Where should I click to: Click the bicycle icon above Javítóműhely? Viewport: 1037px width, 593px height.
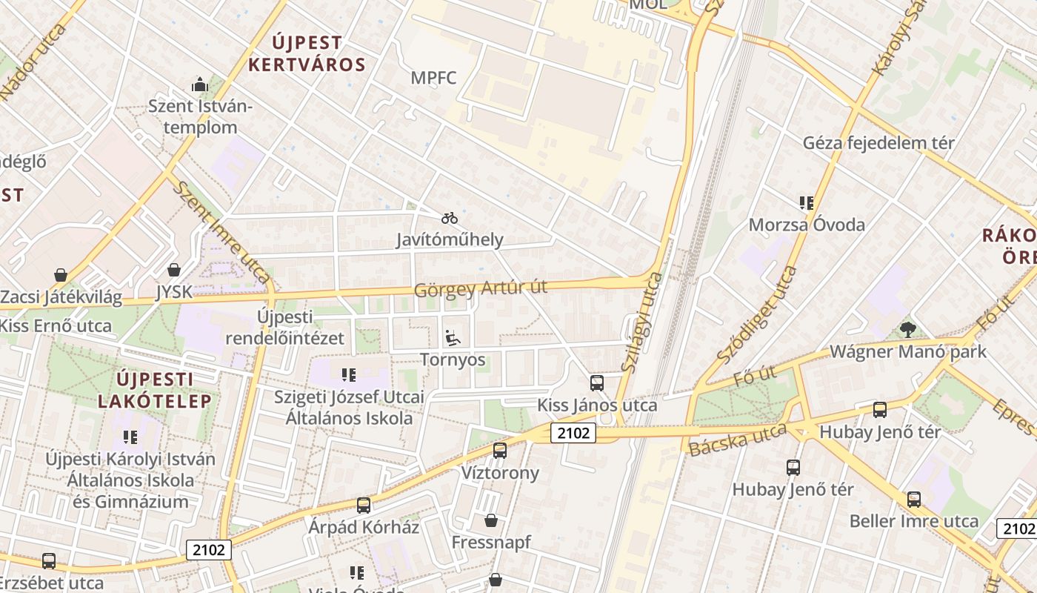coord(450,218)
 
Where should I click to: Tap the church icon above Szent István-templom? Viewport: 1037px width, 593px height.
coord(200,85)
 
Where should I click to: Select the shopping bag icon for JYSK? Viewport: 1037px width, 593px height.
coord(174,270)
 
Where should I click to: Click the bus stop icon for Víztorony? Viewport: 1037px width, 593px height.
coord(500,451)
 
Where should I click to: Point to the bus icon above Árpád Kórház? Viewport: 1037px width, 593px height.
coord(363,506)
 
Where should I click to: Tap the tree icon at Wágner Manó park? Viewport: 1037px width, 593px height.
coord(907,329)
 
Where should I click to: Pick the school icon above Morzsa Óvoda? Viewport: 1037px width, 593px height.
coord(807,202)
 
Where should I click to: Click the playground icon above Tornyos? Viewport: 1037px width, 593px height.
coord(452,338)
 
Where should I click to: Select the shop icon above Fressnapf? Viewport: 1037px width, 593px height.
coord(490,520)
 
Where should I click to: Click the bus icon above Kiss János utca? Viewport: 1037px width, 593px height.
coord(596,383)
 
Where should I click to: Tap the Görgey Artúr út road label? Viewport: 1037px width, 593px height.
coord(481,288)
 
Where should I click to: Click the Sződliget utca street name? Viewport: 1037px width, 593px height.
coord(758,314)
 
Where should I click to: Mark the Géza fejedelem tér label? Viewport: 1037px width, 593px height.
coord(879,142)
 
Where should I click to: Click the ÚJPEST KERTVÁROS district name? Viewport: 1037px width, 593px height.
coord(307,53)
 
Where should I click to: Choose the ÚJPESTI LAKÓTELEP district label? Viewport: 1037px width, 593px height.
coord(156,390)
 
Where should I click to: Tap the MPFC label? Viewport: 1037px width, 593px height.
coord(434,78)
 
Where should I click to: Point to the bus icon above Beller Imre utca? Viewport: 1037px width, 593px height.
coord(914,500)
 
